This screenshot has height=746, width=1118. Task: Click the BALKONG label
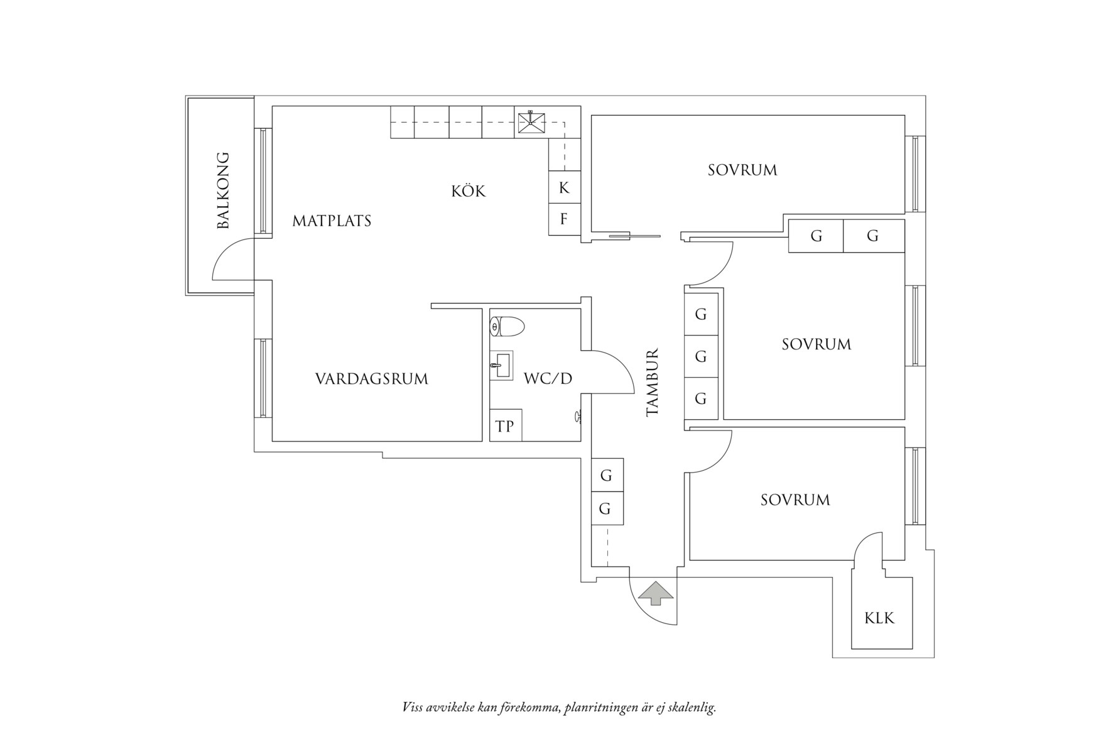223,190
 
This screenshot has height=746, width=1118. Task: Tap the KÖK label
469,191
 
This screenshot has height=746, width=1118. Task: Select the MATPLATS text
332,221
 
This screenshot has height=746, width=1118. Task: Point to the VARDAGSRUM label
371,379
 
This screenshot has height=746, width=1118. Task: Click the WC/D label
548,378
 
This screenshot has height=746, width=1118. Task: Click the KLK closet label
879,618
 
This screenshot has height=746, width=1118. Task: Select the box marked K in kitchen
564,187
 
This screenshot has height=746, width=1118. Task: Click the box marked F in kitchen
564,219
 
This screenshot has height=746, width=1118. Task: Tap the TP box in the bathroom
505,426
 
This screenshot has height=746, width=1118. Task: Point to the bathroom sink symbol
501,365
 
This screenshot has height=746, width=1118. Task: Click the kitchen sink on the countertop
531,123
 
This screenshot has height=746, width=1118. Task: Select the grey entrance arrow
656,593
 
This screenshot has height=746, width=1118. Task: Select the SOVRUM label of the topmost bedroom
742,170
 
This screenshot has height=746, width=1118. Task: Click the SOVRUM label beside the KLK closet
795,500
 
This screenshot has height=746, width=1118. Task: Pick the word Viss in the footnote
412,708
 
